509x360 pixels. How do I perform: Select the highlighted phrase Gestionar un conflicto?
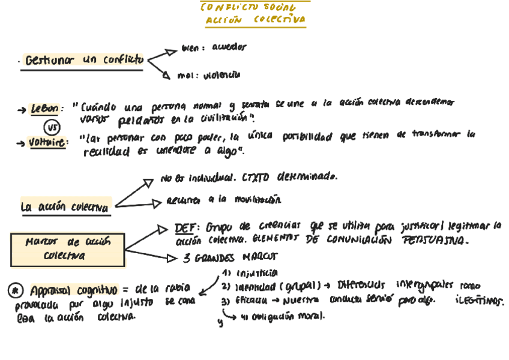[x=84, y=60]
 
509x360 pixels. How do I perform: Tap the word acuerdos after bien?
[x=229, y=47]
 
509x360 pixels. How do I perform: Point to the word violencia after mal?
[x=221, y=76]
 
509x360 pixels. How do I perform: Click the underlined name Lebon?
[x=46, y=109]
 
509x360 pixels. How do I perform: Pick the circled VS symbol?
[x=52, y=127]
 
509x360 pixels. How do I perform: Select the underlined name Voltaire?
[x=49, y=142]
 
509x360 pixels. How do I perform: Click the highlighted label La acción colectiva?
[x=65, y=207]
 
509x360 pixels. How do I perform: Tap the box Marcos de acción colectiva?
[x=67, y=248]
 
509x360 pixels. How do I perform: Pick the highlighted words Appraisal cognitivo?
[x=73, y=290]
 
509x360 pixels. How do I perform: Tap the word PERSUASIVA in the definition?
[x=436, y=240]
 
